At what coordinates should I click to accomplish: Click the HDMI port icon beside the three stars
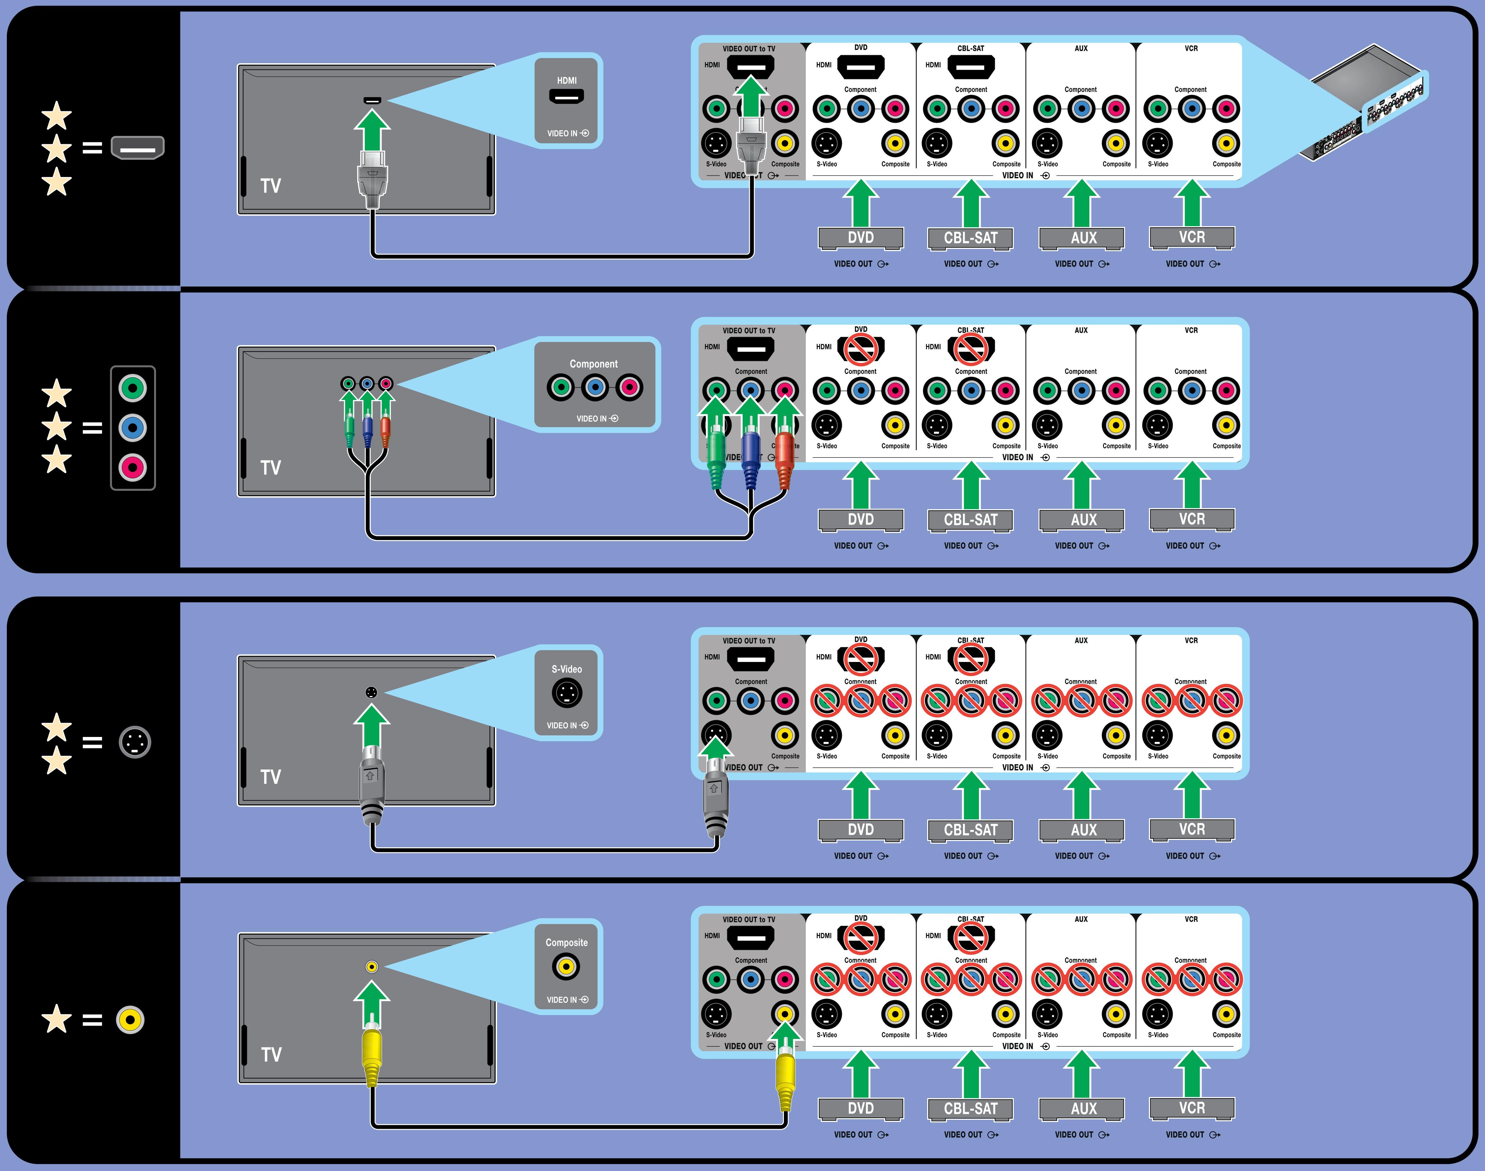coord(138,147)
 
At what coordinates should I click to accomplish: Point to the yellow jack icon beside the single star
coord(130,1019)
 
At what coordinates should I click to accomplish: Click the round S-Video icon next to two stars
coord(135,742)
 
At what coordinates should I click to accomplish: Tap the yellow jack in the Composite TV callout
coord(566,967)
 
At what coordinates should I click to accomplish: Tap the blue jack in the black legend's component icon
coord(133,428)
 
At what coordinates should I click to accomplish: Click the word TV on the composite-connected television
coord(272,1054)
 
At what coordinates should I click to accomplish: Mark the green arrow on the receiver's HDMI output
coord(751,96)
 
